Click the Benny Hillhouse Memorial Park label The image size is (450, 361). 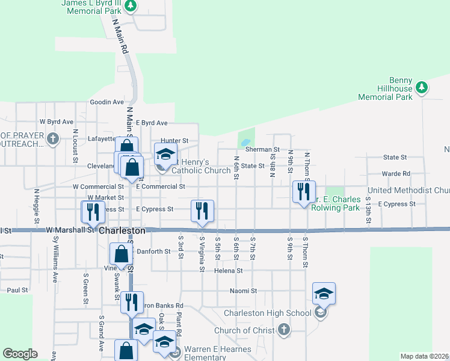pyautogui.click(x=385, y=88)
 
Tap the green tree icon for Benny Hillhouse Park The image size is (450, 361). pyautogui.click(x=422, y=87)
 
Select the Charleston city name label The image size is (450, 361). pyautogui.click(x=122, y=230)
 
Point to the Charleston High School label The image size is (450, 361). pyautogui.click(x=268, y=313)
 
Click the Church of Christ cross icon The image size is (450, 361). pyautogui.click(x=284, y=330)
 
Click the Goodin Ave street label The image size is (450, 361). pyautogui.click(x=106, y=102)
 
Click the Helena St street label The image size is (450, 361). pyautogui.click(x=228, y=271)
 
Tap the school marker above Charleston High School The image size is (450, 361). pyautogui.click(x=324, y=294)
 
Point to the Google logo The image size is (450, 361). pyautogui.click(x=20, y=354)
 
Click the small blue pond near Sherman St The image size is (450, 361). pyautogui.click(x=245, y=143)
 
